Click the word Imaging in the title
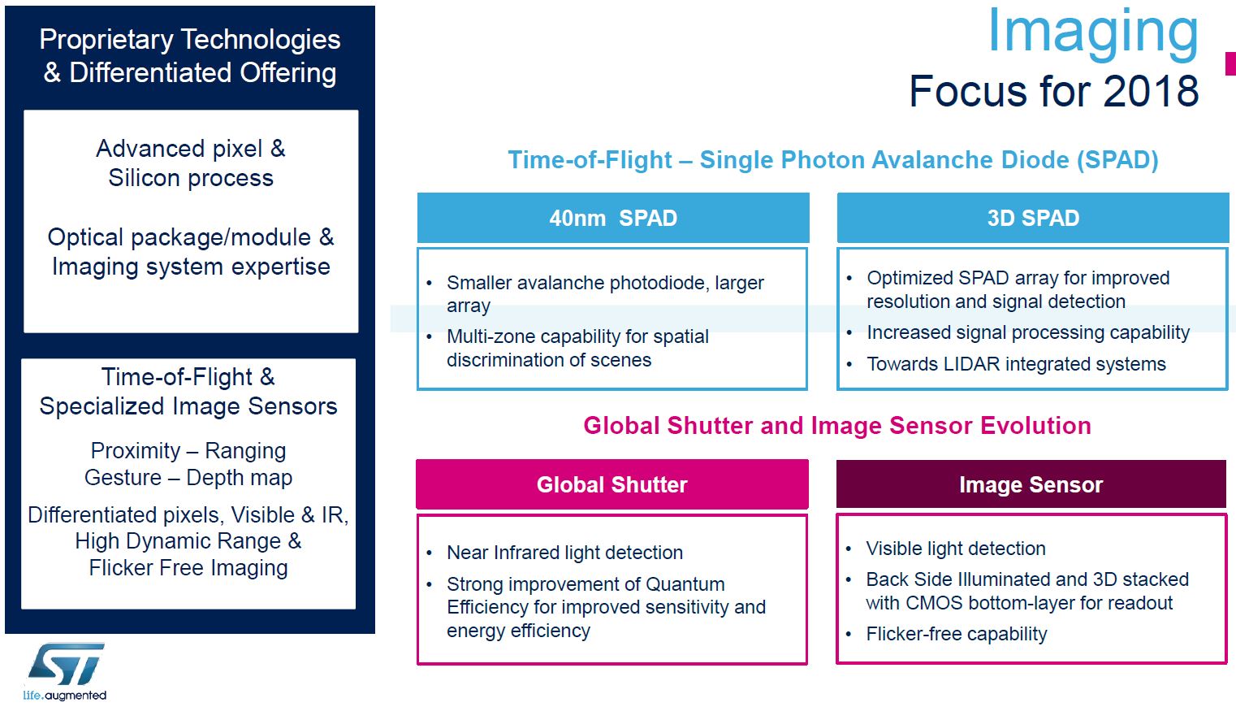pyautogui.click(x=1092, y=33)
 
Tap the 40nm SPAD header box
pyautogui.click(x=613, y=218)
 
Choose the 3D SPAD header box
pyautogui.click(x=1033, y=218)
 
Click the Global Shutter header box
pyautogui.click(x=612, y=484)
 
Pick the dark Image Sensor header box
pyautogui.click(x=1031, y=484)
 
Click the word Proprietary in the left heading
pyautogui.click(x=106, y=39)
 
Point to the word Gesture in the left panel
pyautogui.click(x=123, y=478)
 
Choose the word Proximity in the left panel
pyautogui.click(x=136, y=451)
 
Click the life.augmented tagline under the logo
pyautogui.click(x=65, y=696)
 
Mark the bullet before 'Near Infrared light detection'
pyautogui.click(x=430, y=553)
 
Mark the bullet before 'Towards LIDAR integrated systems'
pyautogui.click(x=849, y=365)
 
